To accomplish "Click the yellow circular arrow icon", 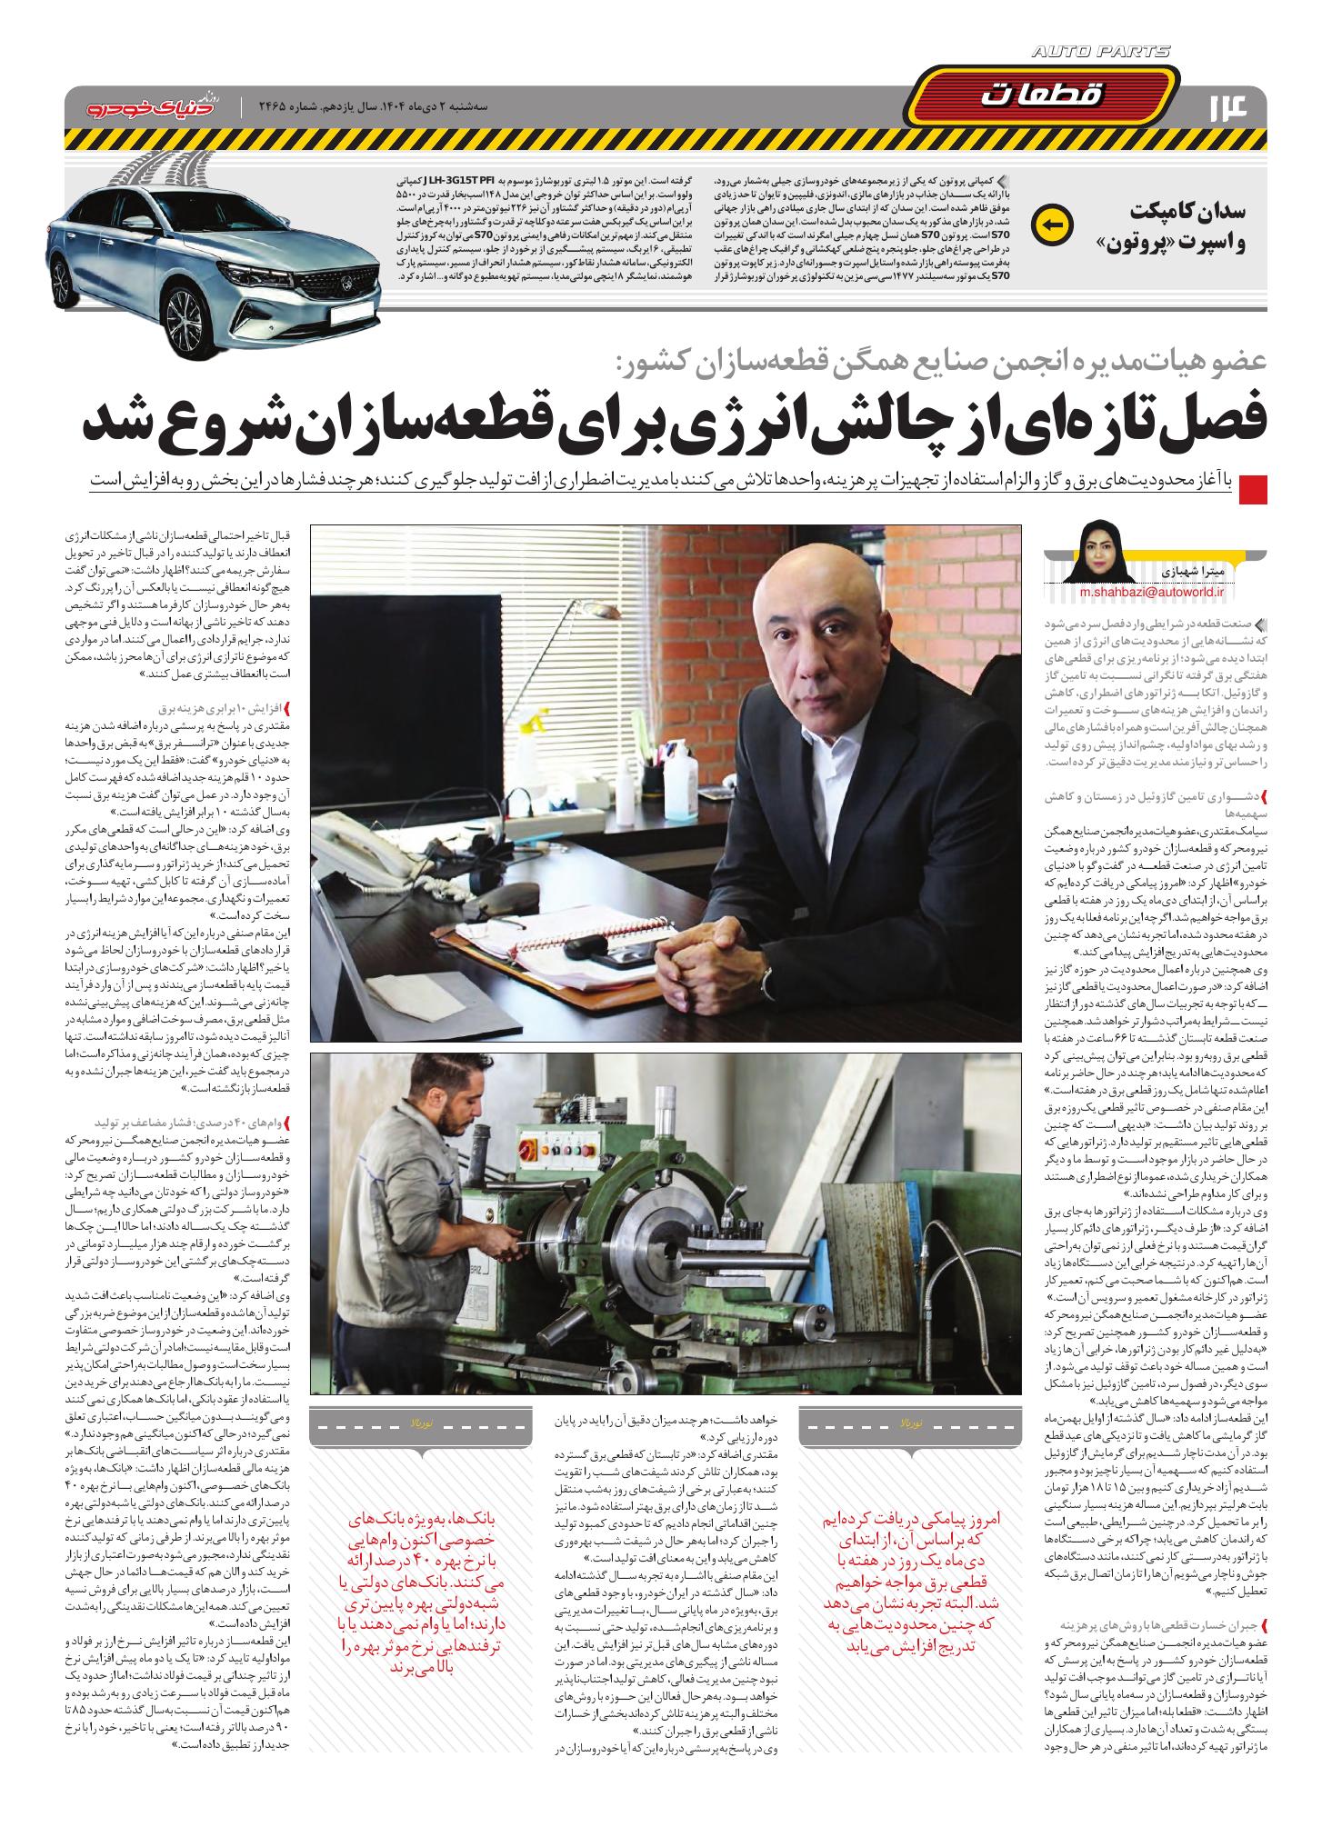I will point(1056,223).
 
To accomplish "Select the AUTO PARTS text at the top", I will point(1101,53).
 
